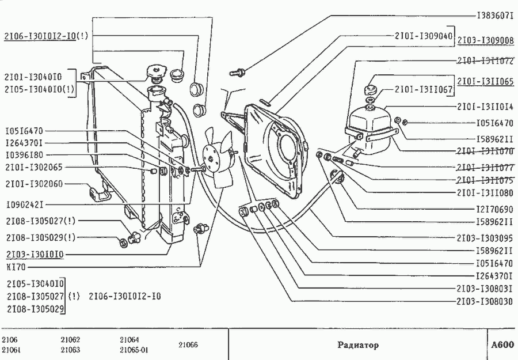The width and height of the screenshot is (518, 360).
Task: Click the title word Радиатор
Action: click(x=358, y=346)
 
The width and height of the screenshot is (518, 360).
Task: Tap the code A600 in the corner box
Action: click(x=502, y=345)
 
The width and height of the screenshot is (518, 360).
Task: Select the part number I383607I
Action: click(x=494, y=16)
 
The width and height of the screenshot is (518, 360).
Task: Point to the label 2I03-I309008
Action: click(x=485, y=41)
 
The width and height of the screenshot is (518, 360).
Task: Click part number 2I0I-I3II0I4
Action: click(x=485, y=107)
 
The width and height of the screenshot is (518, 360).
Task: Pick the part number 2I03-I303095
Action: click(x=485, y=237)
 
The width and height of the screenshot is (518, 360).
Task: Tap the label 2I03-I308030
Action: click(x=485, y=301)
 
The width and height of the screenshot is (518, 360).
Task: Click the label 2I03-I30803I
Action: click(x=485, y=289)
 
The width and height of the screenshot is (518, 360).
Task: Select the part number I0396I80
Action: click(x=24, y=155)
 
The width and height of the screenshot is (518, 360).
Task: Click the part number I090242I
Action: click(x=24, y=204)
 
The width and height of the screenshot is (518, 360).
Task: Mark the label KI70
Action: click(x=13, y=267)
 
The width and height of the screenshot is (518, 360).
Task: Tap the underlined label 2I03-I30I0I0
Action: click(x=35, y=253)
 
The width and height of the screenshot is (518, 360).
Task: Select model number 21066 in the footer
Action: click(x=188, y=345)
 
